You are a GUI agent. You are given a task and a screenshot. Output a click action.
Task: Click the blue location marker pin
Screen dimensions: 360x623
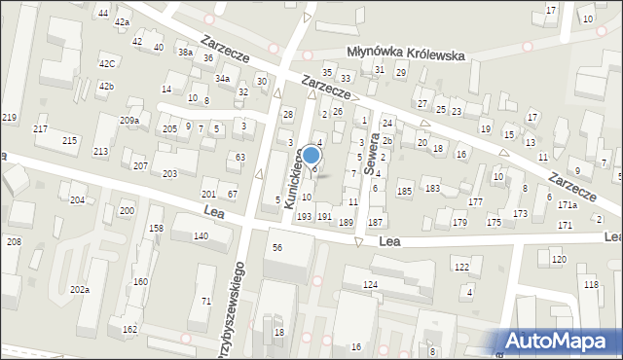[311, 157]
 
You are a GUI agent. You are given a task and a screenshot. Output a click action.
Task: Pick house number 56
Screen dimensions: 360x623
[277, 248]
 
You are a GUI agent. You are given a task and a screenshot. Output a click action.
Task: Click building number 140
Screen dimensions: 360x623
[201, 236]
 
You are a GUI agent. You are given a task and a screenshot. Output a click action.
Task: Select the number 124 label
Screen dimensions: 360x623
[370, 284]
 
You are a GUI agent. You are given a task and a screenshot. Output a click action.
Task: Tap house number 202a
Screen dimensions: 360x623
[80, 290]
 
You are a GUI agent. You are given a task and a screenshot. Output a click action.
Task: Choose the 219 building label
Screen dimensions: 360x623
[10, 118]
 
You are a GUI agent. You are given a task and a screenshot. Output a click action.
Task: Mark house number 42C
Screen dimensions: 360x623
[106, 63]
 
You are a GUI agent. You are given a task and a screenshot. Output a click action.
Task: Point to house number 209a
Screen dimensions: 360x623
[129, 120]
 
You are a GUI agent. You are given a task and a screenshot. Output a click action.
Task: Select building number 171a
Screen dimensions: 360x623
[568, 205]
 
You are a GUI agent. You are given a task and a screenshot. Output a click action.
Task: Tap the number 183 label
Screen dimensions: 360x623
[432, 188]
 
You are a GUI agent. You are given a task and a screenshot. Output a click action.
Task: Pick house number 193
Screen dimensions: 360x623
[304, 216]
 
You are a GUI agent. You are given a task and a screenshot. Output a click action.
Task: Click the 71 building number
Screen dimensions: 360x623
[206, 302]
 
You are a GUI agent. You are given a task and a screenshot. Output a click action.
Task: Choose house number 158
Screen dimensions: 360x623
[156, 228]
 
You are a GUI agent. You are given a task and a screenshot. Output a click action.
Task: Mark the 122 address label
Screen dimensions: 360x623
[461, 267]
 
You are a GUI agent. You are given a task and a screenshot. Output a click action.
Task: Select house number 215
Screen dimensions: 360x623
[70, 141]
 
